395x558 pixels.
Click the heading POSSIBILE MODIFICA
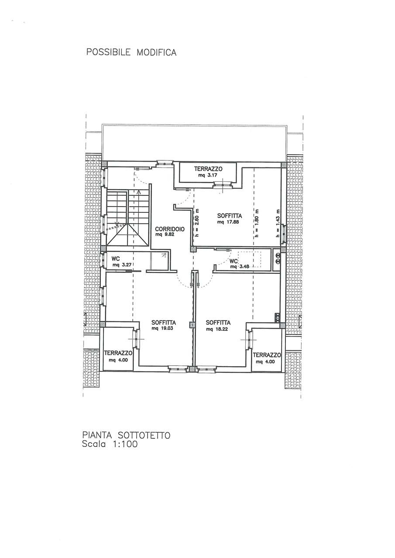click(x=131, y=52)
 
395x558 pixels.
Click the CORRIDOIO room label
click(x=170, y=229)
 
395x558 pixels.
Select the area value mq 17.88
click(x=228, y=222)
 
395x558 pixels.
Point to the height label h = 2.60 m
click(x=196, y=223)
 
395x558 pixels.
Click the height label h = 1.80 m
click(x=257, y=223)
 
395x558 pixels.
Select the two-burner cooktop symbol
click(x=277, y=259)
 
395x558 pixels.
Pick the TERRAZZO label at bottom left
click(x=118, y=353)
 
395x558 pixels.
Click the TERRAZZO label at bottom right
click(x=267, y=355)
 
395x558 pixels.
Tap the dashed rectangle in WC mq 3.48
click(x=249, y=259)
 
